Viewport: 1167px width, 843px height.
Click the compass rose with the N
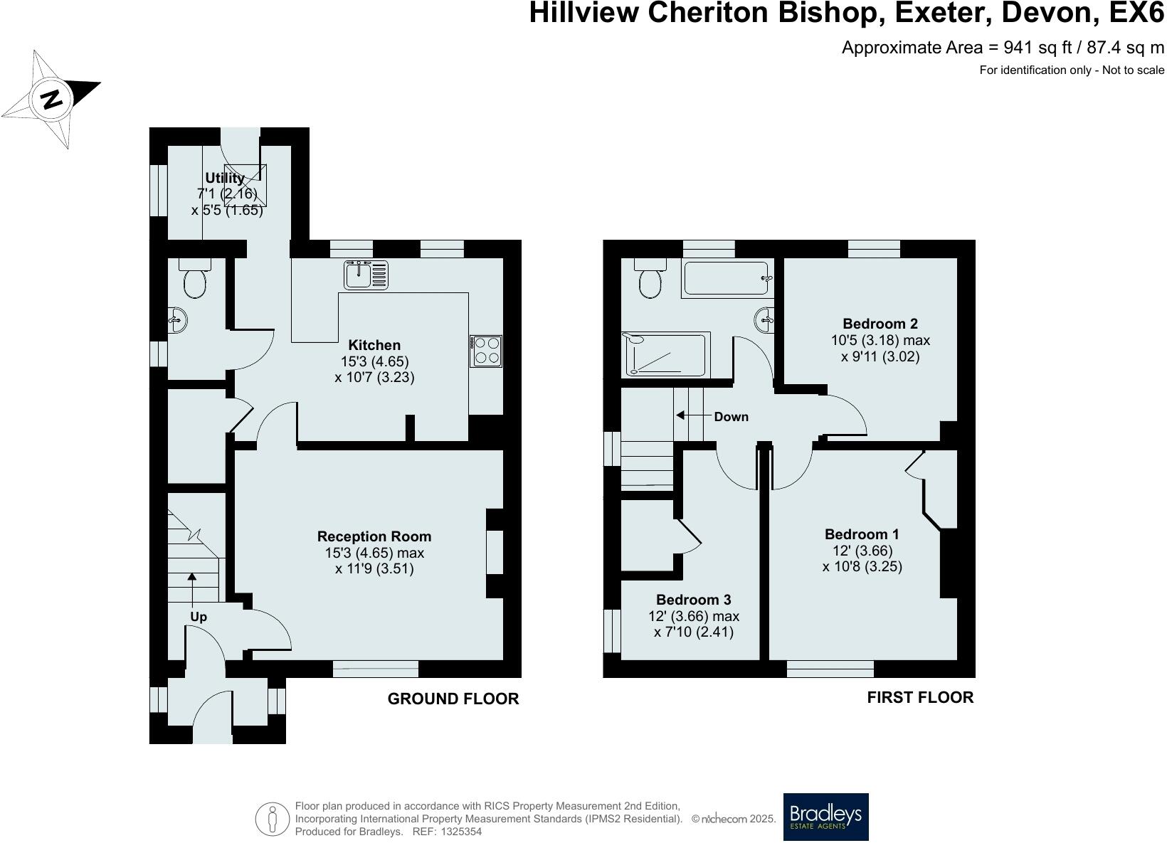(51, 99)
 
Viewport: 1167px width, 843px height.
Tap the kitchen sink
(366, 275)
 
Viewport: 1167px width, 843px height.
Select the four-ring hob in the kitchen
(486, 351)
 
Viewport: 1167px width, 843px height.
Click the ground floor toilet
(194, 281)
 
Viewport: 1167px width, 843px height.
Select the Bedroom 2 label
(880, 324)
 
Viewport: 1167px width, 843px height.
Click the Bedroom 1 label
(862, 534)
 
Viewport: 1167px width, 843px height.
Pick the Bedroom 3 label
(693, 600)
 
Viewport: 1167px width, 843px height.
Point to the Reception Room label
(374, 536)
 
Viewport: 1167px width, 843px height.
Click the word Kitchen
(374, 345)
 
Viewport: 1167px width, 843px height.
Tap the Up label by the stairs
(199, 617)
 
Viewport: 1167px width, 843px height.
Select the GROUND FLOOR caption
(453, 699)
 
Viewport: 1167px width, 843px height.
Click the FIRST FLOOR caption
(919, 697)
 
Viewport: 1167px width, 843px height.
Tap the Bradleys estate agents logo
(825, 817)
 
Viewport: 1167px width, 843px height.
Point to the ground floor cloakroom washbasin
(178, 320)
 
